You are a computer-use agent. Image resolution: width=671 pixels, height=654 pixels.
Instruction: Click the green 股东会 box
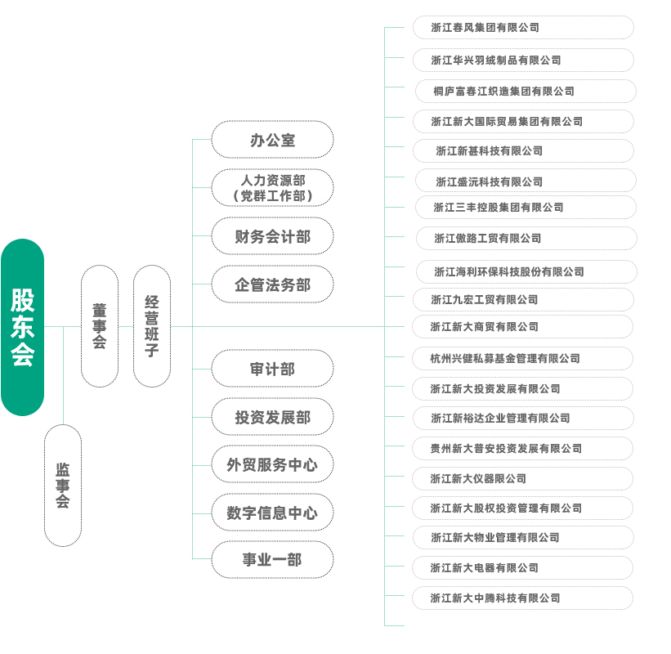click(x=22, y=326)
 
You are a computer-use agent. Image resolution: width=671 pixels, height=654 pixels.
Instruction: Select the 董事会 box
click(x=100, y=325)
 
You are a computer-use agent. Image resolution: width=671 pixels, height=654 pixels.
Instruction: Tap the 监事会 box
click(x=63, y=485)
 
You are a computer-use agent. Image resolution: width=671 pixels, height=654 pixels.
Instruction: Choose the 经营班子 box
click(x=152, y=325)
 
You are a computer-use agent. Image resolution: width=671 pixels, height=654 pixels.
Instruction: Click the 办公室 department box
click(x=272, y=140)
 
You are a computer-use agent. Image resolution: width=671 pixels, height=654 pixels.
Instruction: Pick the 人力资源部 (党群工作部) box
click(x=272, y=188)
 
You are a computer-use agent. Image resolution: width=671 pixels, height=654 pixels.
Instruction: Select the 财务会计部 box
click(x=272, y=236)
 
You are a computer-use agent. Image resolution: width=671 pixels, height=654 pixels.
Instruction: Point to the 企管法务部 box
click(x=272, y=284)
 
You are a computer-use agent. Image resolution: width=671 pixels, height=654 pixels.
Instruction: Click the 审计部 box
click(x=272, y=369)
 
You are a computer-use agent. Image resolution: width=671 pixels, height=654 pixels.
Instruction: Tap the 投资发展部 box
click(x=272, y=417)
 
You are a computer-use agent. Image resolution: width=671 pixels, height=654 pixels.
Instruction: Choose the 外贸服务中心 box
click(x=272, y=464)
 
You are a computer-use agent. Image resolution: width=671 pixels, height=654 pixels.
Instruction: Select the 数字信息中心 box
click(x=272, y=513)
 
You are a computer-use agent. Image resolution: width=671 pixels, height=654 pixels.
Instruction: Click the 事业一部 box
click(x=272, y=560)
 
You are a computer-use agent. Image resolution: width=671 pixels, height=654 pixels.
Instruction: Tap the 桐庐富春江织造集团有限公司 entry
click(x=523, y=91)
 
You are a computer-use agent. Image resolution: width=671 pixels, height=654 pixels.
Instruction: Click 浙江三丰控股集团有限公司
click(x=523, y=207)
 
